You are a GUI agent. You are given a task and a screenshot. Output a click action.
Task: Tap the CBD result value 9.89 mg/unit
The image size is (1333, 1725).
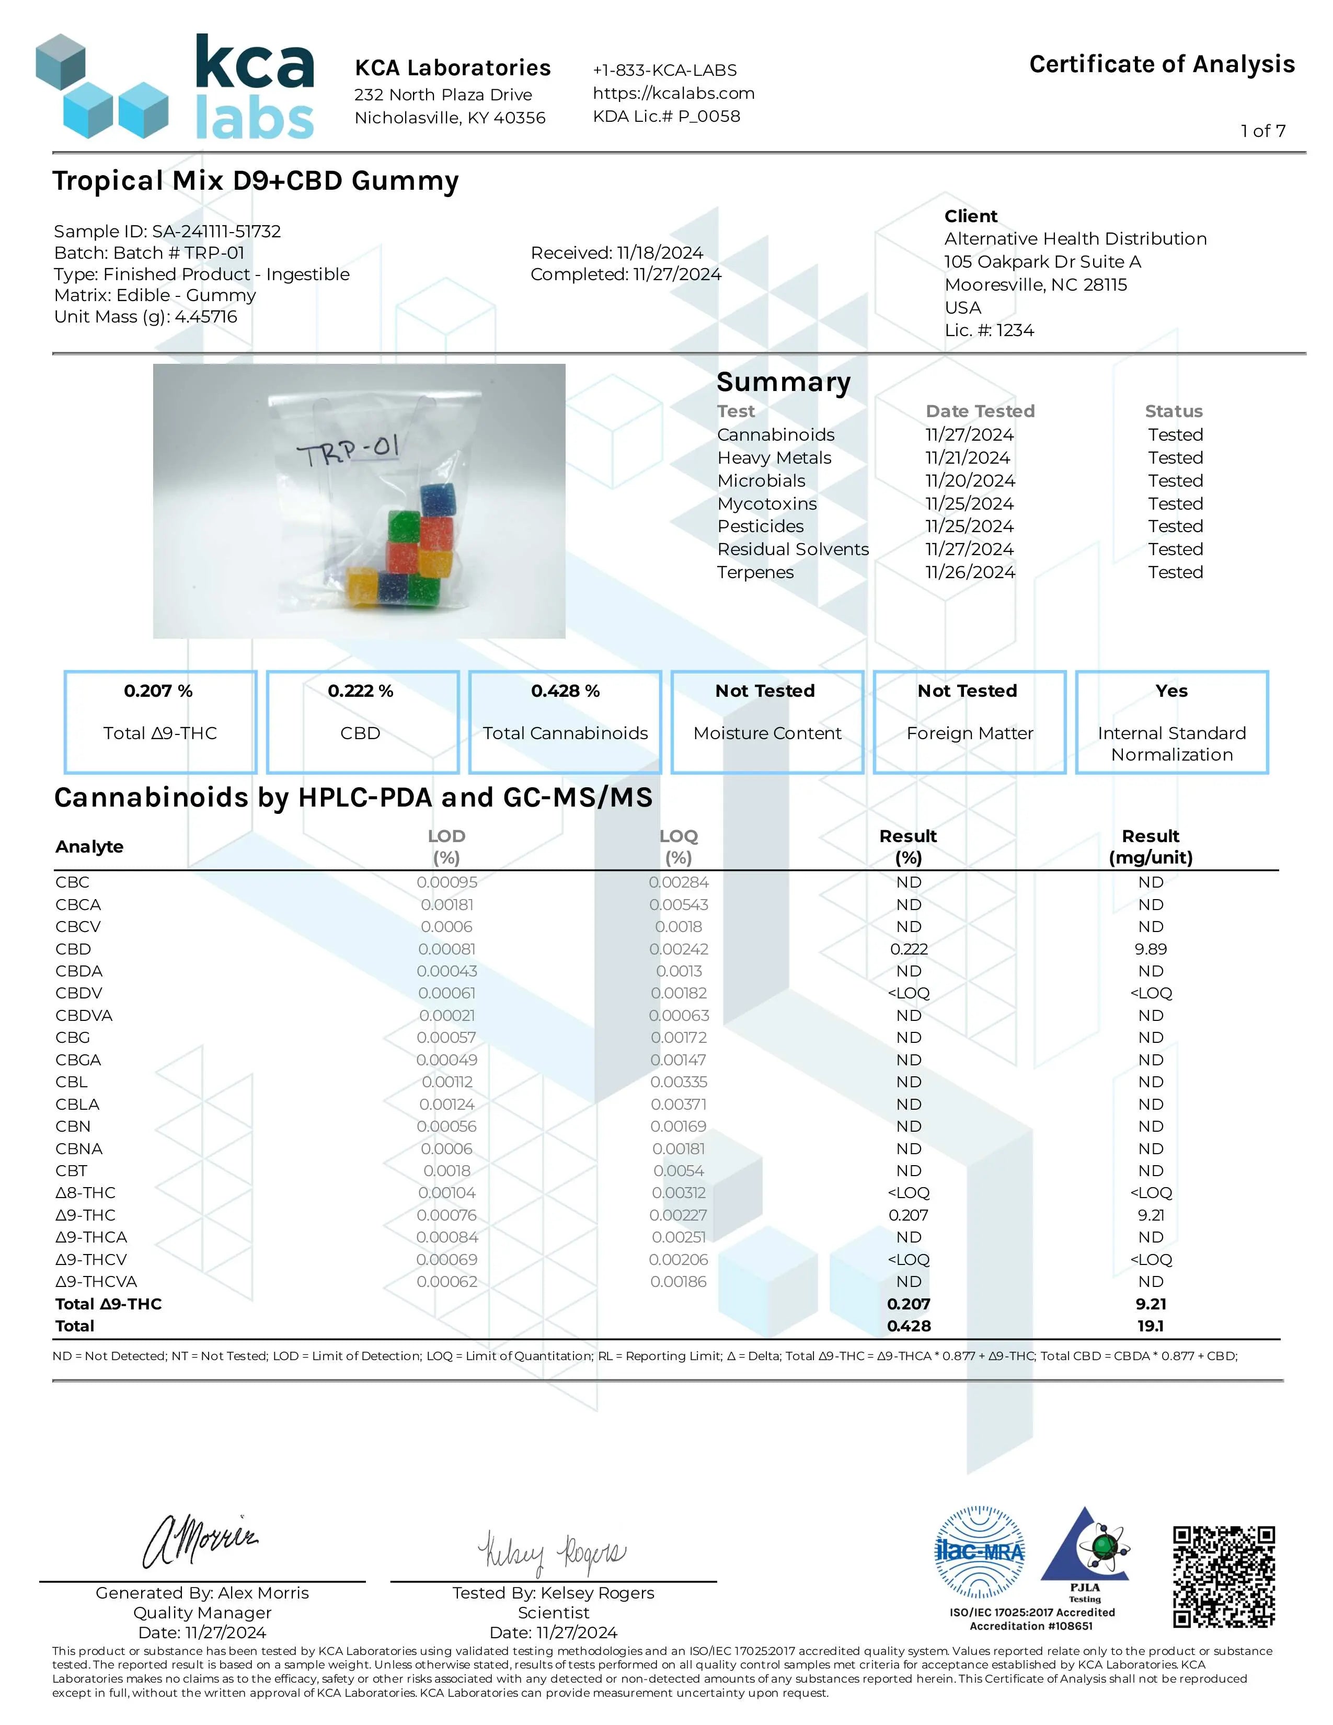click(x=1151, y=949)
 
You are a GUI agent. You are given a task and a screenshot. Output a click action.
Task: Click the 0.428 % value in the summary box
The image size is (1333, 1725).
click(x=566, y=691)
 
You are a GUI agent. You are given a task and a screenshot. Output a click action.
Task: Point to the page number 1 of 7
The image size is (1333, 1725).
click(x=1263, y=131)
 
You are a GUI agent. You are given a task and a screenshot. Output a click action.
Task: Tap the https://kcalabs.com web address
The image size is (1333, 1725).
click(x=674, y=93)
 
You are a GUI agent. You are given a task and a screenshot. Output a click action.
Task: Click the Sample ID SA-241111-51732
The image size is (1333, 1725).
click(x=216, y=232)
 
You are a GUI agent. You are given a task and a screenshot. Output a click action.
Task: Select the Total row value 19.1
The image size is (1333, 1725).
click(x=1151, y=1326)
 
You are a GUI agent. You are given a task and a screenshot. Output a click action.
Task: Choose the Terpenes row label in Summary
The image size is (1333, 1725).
click(x=755, y=572)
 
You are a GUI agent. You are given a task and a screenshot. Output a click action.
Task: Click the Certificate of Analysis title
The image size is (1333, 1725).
click(x=1162, y=64)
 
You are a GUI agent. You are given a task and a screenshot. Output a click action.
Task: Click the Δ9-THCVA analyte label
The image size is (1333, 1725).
click(x=96, y=1282)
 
